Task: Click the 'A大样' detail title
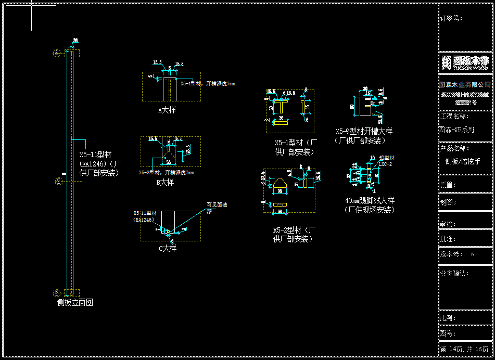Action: pos(167,110)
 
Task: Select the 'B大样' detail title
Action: pos(165,183)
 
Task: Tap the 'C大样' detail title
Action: pos(168,249)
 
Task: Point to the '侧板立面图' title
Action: pos(75,302)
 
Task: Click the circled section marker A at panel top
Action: pos(57,53)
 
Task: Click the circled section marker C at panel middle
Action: pos(59,181)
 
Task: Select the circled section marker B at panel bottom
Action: pos(57,292)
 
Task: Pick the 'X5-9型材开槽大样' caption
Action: pos(364,132)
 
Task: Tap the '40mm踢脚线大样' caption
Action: pos(370,200)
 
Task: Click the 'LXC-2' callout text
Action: pos(385,164)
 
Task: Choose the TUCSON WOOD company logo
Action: pos(465,62)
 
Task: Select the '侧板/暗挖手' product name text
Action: pos(463,162)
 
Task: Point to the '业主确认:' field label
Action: pos(454,273)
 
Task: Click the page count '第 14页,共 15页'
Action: pos(464,349)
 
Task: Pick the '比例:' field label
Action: pos(448,318)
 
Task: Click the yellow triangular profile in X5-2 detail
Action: pos(279,183)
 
